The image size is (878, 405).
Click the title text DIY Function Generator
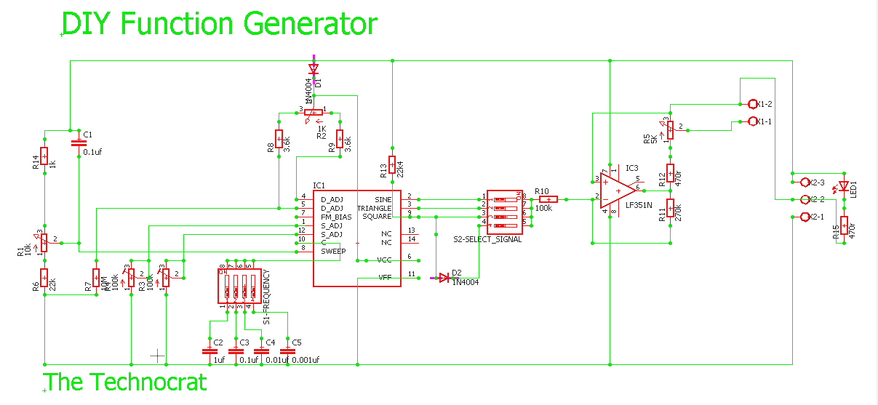tap(219, 24)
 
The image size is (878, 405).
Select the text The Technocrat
tap(126, 382)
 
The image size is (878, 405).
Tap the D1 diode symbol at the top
tap(314, 69)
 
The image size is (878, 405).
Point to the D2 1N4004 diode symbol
tap(444, 277)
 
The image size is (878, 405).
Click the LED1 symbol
tap(843, 186)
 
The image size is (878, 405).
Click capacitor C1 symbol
tap(78, 141)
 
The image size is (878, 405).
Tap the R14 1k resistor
tap(44, 156)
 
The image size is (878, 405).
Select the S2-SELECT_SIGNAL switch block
tap(504, 212)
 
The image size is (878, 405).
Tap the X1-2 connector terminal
tap(753, 104)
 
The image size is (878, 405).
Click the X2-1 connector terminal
tap(804, 217)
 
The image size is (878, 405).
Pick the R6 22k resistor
tap(44, 279)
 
